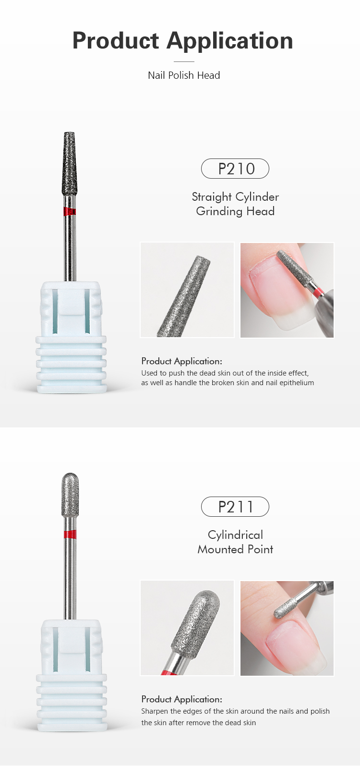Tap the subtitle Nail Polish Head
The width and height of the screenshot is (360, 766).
[x=184, y=75]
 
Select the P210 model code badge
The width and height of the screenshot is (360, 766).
[x=235, y=169]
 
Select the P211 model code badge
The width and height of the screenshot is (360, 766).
[x=235, y=507]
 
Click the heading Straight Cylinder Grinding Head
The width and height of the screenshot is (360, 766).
[x=235, y=204]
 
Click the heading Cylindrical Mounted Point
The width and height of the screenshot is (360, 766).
[x=235, y=542]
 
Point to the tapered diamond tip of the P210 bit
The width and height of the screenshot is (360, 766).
[x=70, y=163]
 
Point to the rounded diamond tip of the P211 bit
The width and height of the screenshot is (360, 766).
[x=70, y=495]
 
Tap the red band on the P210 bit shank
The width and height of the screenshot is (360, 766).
[x=70, y=211]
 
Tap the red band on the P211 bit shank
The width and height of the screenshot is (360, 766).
[x=70, y=535]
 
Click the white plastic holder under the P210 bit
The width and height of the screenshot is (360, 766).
[x=71, y=336]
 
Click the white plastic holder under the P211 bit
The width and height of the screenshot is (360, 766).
[x=71, y=672]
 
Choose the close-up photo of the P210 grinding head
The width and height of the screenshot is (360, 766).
[x=187, y=290]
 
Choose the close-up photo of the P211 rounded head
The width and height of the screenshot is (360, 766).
[x=187, y=628]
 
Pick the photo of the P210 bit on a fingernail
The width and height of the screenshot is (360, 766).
[x=287, y=290]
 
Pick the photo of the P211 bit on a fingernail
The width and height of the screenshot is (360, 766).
[x=287, y=628]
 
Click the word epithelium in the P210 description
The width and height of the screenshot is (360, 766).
[x=295, y=383]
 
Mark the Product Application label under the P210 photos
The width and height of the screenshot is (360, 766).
[x=181, y=361]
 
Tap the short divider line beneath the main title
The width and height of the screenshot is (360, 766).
[x=184, y=61]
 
